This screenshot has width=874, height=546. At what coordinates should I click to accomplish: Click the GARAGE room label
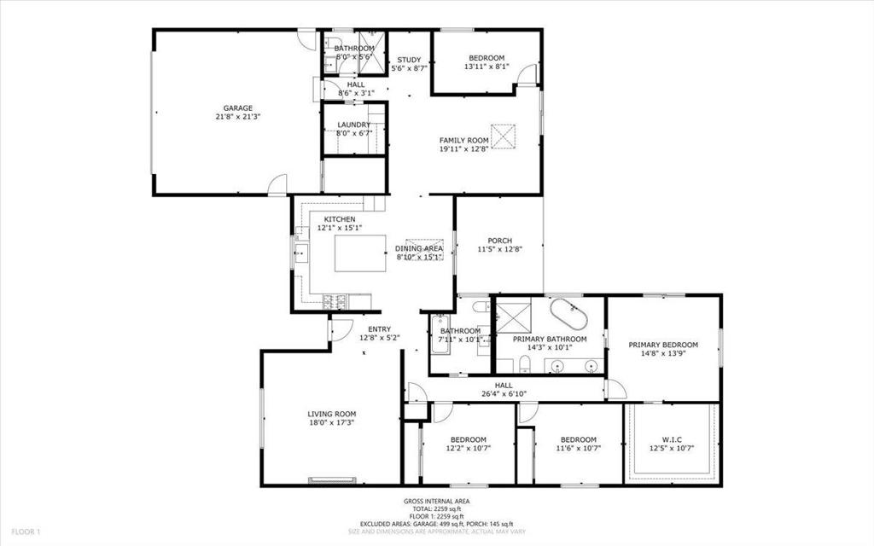238,108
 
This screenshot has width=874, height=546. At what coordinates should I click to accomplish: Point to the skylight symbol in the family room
505,135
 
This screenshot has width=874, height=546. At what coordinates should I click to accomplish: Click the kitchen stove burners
335,299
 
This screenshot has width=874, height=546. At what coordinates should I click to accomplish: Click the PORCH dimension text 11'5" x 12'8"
499,250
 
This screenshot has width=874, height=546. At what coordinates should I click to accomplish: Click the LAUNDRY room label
353,125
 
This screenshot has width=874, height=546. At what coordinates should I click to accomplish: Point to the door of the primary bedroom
615,389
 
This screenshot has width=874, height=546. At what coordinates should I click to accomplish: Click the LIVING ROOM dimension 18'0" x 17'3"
331,422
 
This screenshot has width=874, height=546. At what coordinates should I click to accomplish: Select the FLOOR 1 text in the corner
26,532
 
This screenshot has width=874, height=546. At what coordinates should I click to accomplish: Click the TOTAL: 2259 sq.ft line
436,508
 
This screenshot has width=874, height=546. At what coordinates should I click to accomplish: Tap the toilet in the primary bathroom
527,366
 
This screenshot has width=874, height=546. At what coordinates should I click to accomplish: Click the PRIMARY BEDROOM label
663,345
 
